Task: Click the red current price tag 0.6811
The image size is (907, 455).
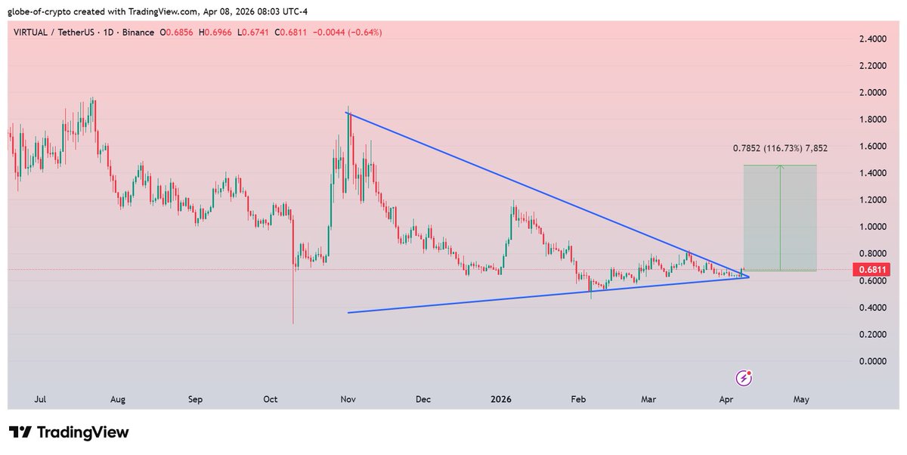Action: [x=867, y=269]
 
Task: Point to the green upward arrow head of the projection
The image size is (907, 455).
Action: [x=781, y=167]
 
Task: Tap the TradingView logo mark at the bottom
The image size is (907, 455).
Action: [x=21, y=432]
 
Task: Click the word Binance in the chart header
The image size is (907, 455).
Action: [x=135, y=32]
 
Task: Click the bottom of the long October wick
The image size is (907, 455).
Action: [x=293, y=323]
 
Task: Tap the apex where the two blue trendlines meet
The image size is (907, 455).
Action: [x=748, y=277]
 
